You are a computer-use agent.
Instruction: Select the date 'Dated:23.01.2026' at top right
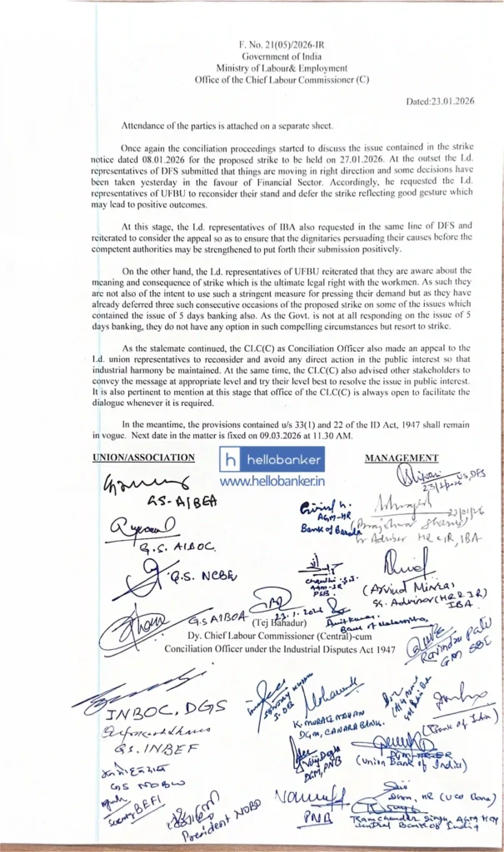(439, 101)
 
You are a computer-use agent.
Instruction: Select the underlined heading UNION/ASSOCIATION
(144, 458)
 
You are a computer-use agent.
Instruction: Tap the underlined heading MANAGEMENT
(402, 458)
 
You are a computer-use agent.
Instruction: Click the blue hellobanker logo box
(272, 460)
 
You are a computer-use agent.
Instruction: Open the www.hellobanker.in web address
(272, 481)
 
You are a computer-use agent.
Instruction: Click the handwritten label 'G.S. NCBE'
(201, 575)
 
